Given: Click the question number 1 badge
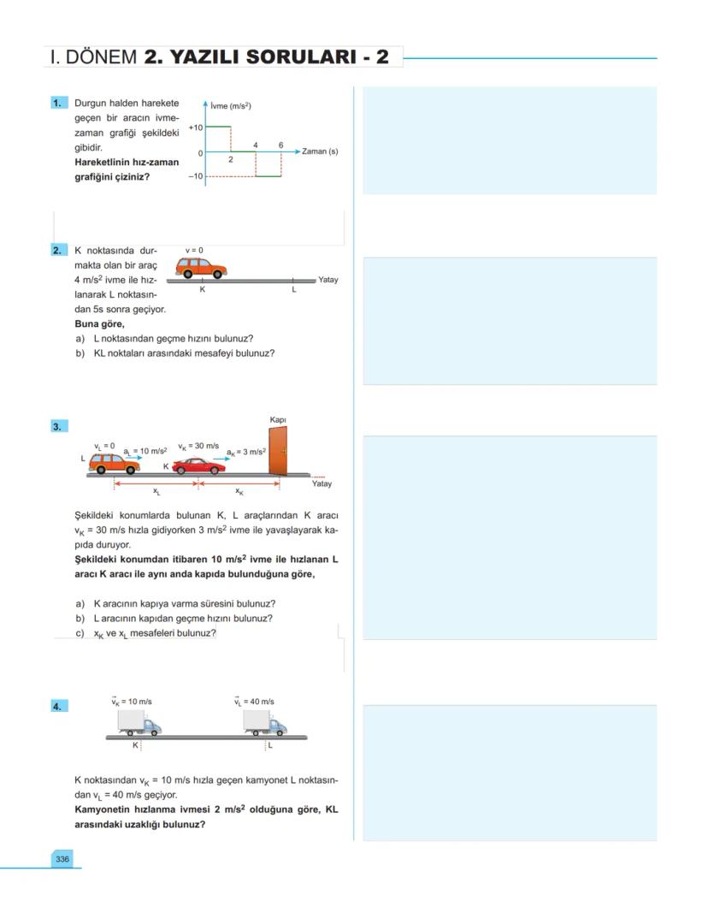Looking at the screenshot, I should [x=58, y=103].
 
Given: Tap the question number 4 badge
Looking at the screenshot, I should [x=58, y=706].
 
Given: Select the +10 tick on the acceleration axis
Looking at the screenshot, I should [x=195, y=127].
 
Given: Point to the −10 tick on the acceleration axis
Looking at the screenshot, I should [x=195, y=176].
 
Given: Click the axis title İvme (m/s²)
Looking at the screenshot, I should [x=230, y=106].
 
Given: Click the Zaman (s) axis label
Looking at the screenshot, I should [x=320, y=151].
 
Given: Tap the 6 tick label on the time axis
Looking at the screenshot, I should [x=280, y=145].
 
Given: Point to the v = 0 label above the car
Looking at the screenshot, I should [x=194, y=250].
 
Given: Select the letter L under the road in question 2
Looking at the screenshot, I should [x=293, y=290].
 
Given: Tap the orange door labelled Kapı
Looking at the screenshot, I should [x=278, y=450].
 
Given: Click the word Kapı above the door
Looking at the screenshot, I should [x=278, y=420].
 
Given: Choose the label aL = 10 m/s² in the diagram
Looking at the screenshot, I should [x=145, y=450].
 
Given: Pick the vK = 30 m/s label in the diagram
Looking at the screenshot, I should [x=198, y=446].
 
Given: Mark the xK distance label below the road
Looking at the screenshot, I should [x=239, y=492].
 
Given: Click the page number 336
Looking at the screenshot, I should [x=62, y=858].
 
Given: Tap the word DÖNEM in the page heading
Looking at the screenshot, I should [x=101, y=57].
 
